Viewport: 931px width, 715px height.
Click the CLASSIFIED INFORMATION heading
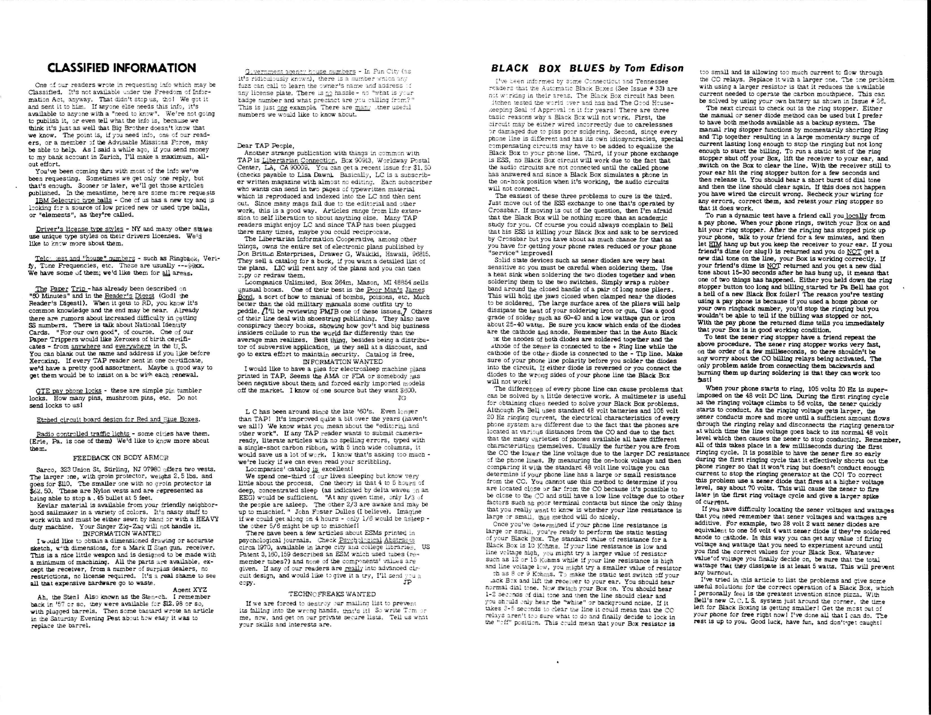coord(122,68)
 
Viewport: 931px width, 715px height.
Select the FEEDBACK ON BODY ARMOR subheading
coord(121,458)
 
